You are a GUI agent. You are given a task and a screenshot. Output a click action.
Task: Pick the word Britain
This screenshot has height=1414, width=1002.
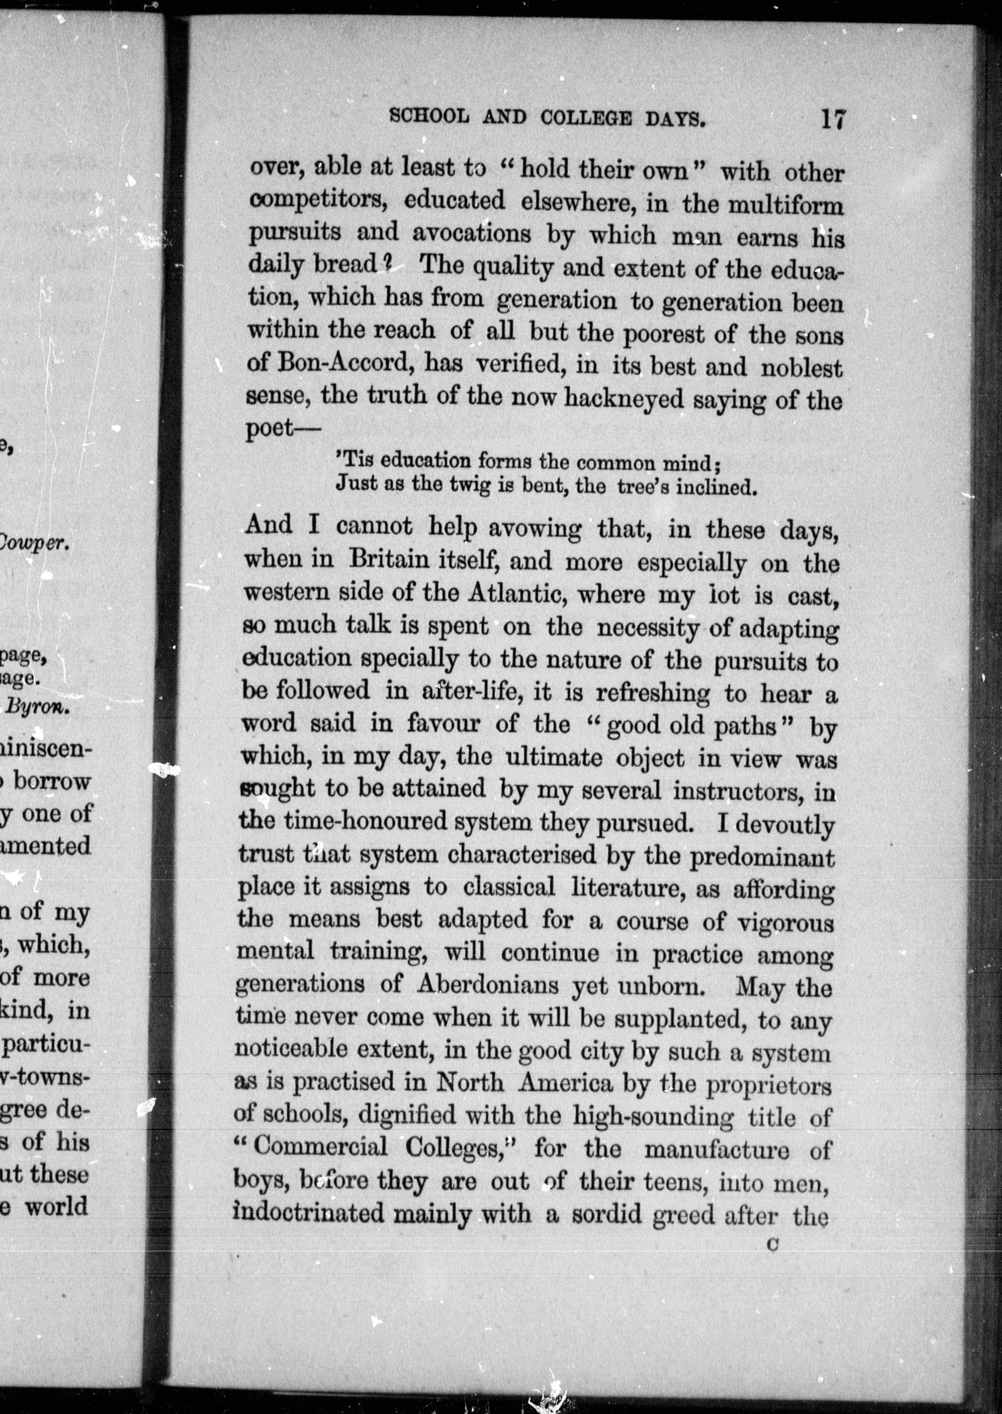click(x=389, y=560)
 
